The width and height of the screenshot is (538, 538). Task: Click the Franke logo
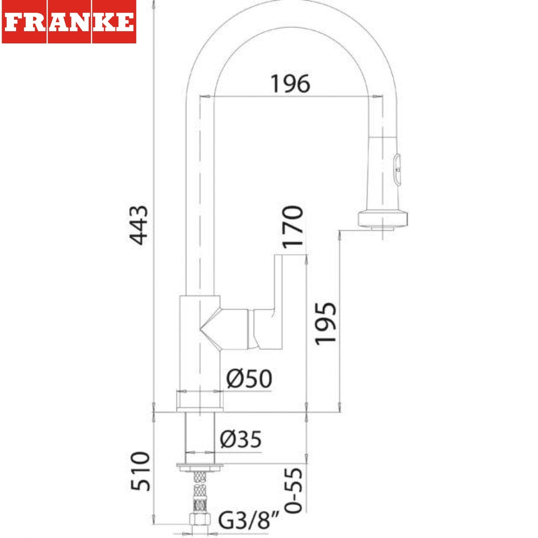point(69,22)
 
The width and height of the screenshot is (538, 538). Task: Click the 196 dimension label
point(290,84)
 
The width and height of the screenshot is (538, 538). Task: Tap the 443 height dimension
point(138,225)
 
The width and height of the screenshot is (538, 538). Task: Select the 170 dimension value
point(292,227)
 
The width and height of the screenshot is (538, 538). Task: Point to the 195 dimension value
point(325,324)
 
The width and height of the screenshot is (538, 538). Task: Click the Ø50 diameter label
point(249,378)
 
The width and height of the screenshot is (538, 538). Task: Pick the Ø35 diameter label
point(241,439)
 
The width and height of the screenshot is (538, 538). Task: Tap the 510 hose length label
point(140,471)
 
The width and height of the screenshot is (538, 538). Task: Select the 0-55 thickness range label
point(293,490)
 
